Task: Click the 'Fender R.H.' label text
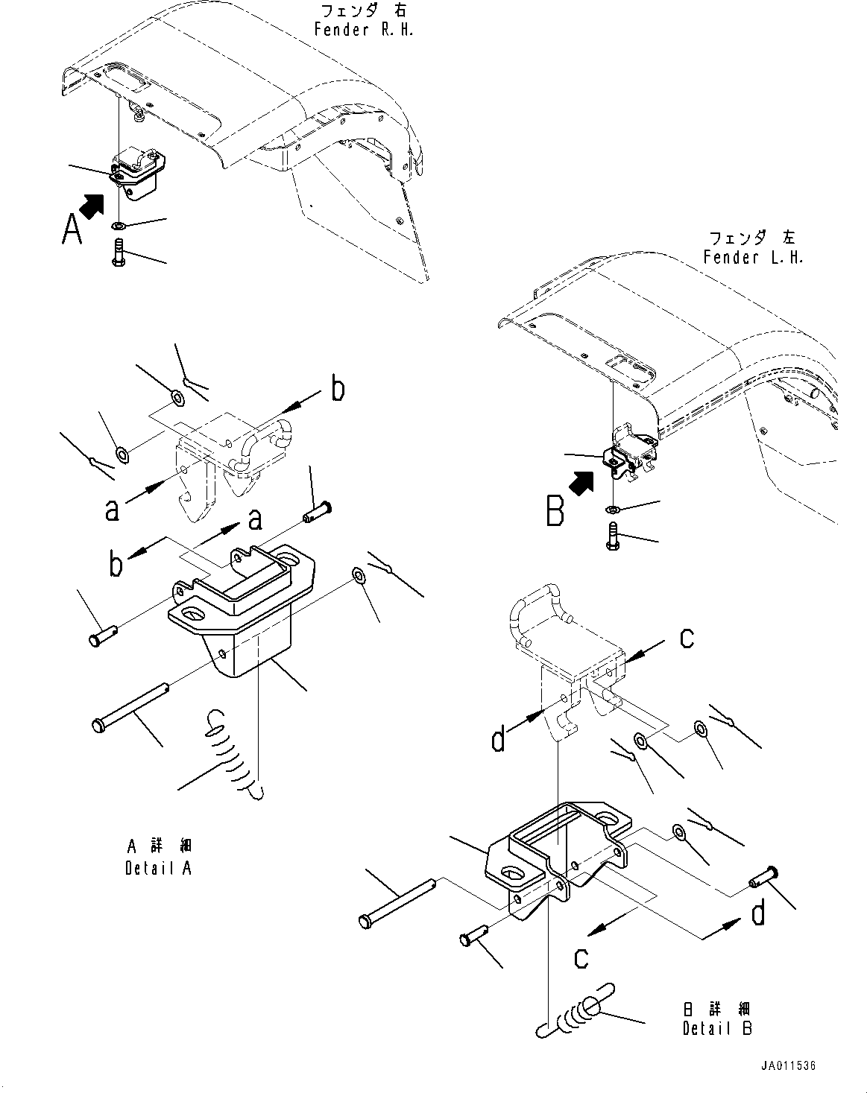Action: pos(363,31)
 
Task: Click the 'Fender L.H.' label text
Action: pos(753,258)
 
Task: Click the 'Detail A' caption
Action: pos(159,869)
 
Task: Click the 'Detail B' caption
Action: pos(717,1028)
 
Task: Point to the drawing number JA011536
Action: pos(789,1066)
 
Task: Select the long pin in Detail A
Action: pos(130,707)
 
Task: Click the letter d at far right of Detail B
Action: pos(758,914)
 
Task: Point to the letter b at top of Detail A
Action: pos(337,389)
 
